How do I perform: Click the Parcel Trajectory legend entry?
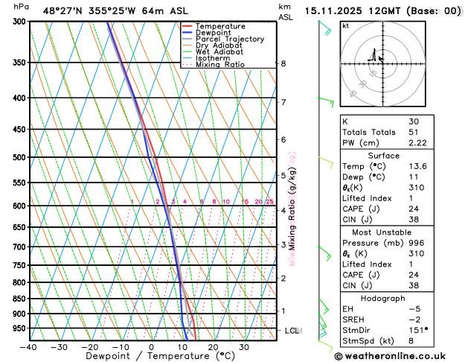pyautogui.click(x=228, y=39)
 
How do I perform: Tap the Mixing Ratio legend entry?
pyautogui.click(x=224, y=65)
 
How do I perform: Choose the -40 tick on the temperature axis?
pyautogui.click(x=29, y=347)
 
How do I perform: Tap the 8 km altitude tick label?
pyautogui.click(x=283, y=64)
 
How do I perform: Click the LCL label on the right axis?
pyautogui.click(x=292, y=330)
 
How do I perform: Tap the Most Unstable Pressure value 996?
pyautogui.click(x=416, y=243)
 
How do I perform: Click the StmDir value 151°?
pyautogui.click(x=418, y=329)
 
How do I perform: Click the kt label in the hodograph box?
pyautogui.click(x=345, y=25)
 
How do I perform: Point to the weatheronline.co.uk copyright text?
pyautogui.click(x=400, y=355)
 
